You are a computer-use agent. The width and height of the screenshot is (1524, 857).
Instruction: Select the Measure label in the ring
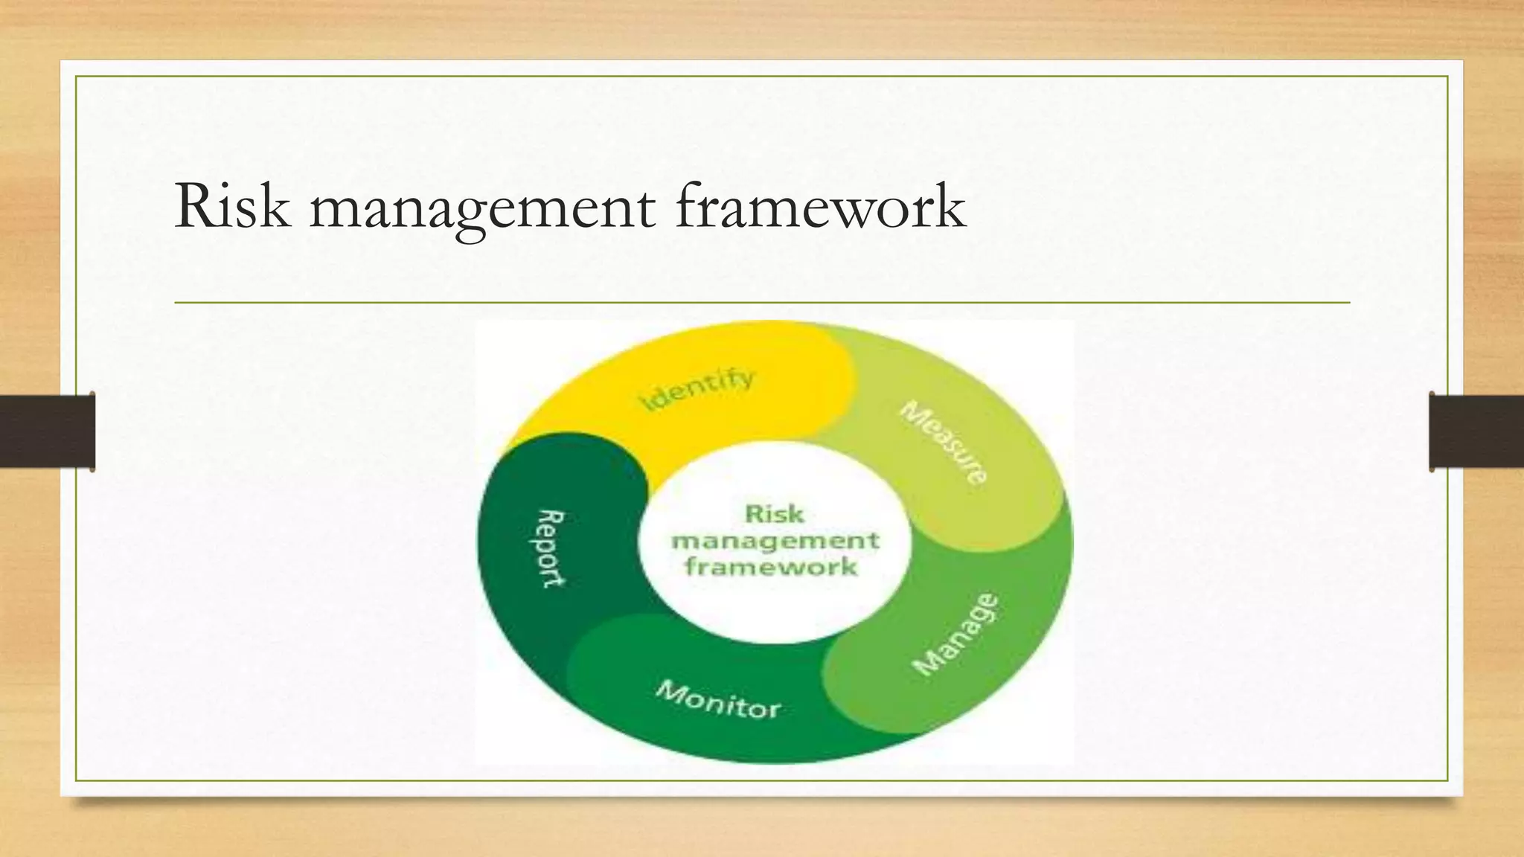[x=944, y=443]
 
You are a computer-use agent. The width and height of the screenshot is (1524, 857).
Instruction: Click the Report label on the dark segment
[x=551, y=548]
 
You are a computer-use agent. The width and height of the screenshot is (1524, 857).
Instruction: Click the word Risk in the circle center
[x=774, y=514]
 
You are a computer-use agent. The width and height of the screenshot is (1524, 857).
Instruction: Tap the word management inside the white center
[x=775, y=541]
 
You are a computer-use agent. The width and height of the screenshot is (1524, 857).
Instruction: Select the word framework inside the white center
[x=772, y=568]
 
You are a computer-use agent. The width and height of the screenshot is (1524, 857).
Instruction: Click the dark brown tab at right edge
[x=1476, y=431]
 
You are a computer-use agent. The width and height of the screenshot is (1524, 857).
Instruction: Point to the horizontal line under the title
[x=762, y=303]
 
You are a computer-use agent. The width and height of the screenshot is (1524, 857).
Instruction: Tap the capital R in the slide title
[x=196, y=207]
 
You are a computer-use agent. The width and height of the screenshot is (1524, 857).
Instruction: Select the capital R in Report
[x=552, y=518]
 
